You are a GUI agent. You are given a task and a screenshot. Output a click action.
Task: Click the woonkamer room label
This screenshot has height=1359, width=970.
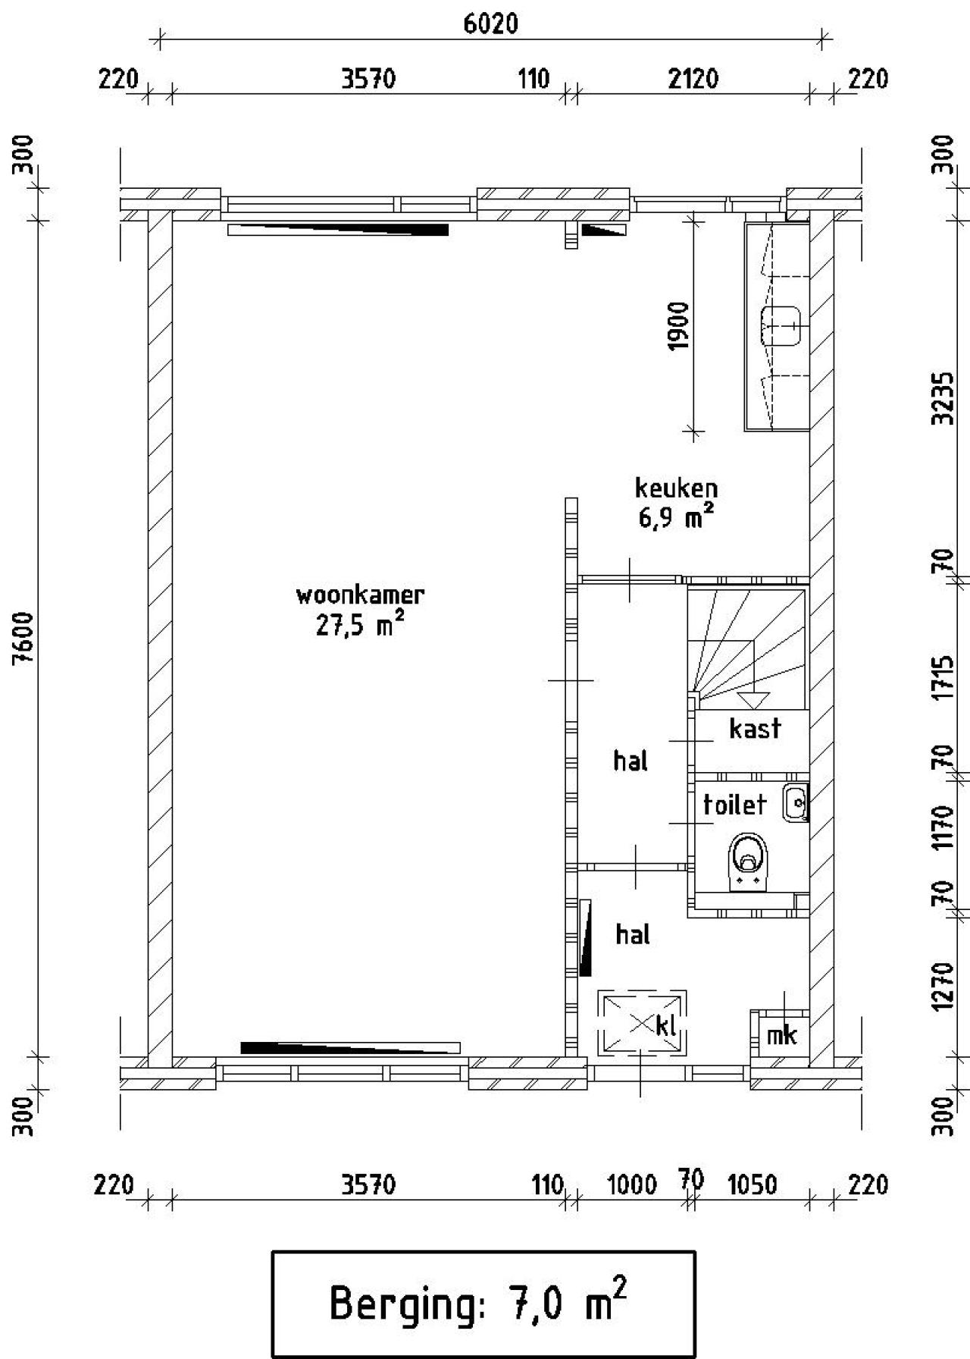tap(360, 595)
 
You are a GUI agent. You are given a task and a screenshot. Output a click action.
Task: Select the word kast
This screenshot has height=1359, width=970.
tap(755, 728)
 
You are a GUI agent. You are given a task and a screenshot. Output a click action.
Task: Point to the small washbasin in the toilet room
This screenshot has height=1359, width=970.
tap(796, 804)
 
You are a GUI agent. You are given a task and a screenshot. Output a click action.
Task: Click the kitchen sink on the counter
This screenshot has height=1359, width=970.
tap(781, 326)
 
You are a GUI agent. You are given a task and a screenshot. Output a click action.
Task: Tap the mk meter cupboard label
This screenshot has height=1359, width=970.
tap(781, 1034)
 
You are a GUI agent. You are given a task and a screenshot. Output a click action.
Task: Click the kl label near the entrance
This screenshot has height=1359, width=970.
tap(666, 1026)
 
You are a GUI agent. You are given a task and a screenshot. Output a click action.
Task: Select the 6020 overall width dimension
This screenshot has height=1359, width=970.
tap(491, 24)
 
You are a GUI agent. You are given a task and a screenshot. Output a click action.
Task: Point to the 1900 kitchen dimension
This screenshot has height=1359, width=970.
tap(679, 326)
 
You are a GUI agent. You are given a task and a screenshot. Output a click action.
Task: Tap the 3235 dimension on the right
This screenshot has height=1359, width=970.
tap(943, 399)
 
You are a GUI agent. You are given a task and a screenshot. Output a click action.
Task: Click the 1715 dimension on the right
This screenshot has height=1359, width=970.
tap(943, 679)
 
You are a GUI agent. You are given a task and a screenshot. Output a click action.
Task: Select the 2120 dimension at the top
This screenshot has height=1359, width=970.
tap(693, 79)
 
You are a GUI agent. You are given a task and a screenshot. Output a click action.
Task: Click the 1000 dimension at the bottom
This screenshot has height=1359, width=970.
tap(632, 1185)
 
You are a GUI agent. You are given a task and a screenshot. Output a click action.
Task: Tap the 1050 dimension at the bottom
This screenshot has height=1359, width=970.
tap(753, 1185)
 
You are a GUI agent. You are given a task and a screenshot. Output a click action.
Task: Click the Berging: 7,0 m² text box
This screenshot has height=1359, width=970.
tap(483, 1304)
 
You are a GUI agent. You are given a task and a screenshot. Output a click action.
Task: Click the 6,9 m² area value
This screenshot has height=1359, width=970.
tap(676, 518)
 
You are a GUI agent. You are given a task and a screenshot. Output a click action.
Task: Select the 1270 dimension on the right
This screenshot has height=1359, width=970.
tap(943, 986)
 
